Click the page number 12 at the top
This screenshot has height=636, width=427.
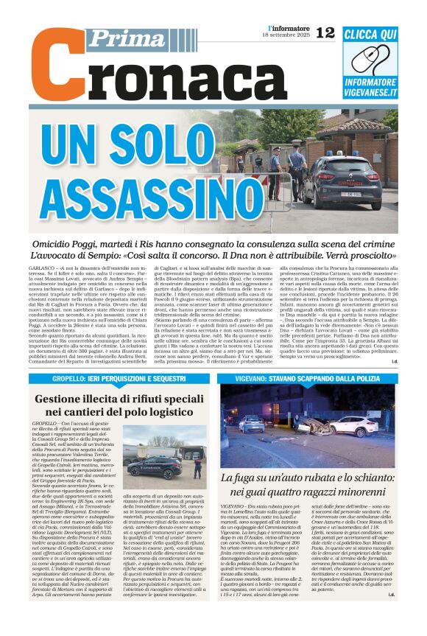pyautogui.click(x=325, y=32)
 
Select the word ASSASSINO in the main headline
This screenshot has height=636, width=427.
pyautogui.click(x=152, y=192)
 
